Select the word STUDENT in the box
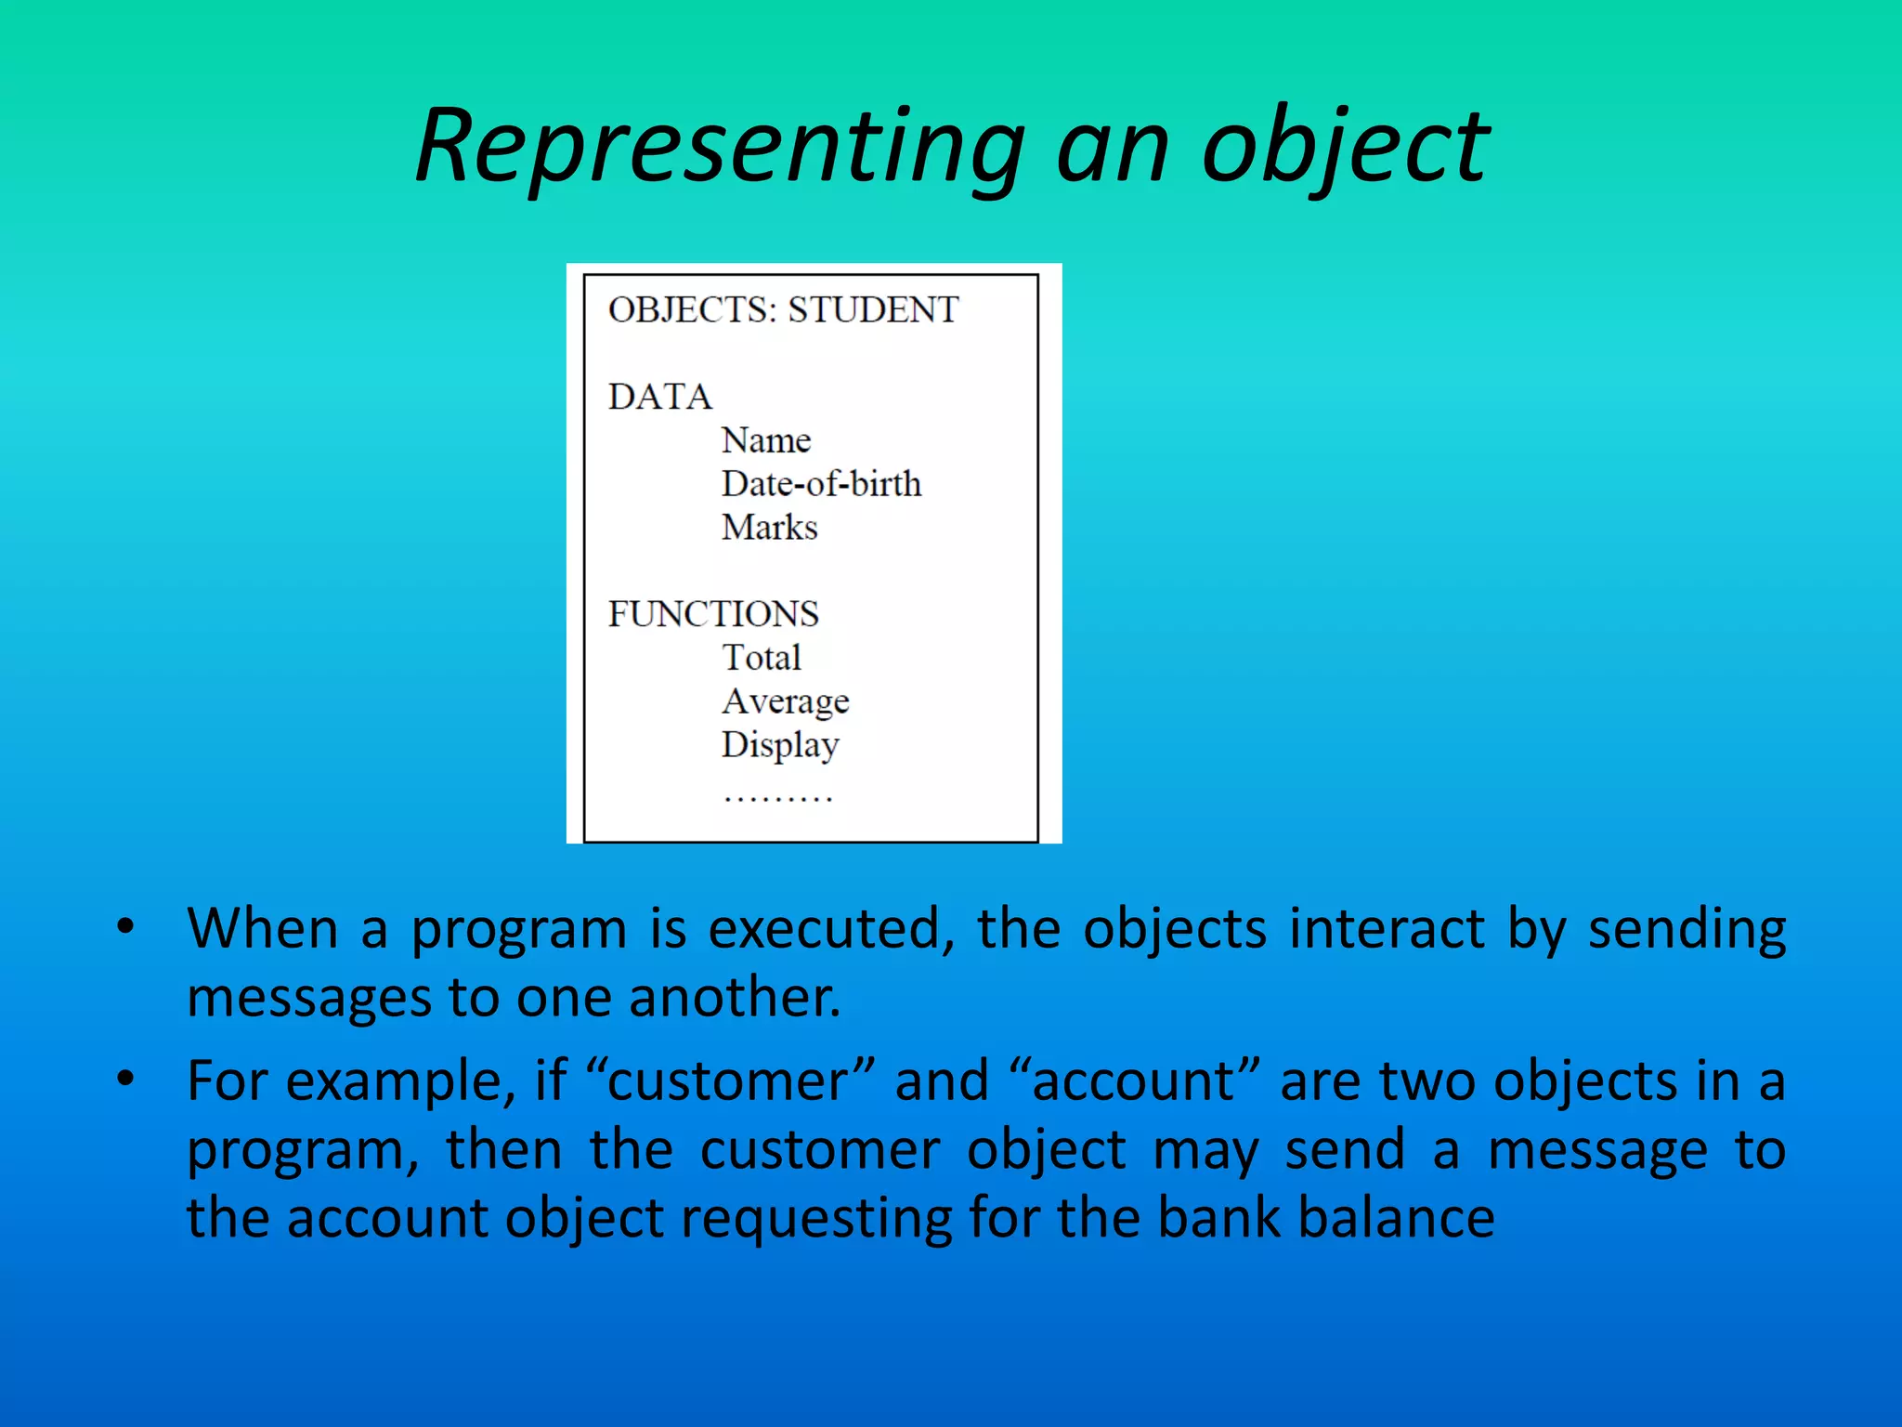[873, 309]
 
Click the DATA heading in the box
[659, 397]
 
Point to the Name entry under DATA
[766, 440]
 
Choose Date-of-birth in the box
[821, 484]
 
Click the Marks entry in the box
[769, 528]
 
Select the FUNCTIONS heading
[713, 614]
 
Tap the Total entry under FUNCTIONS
[761, 658]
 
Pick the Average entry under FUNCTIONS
[785, 701]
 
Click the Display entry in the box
[780, 745]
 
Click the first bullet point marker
[125, 926]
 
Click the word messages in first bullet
[309, 999]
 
